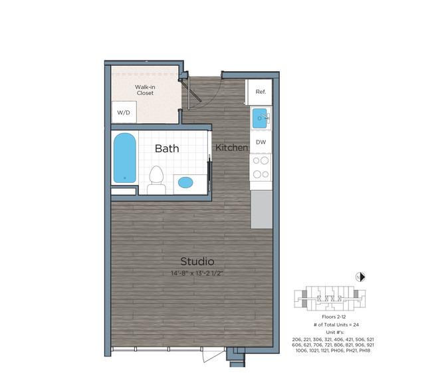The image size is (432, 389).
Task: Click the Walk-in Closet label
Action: click(145, 90)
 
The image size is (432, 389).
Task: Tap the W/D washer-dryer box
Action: click(124, 112)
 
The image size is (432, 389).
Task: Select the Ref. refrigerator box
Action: click(260, 92)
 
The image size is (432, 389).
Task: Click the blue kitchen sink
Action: click(259, 118)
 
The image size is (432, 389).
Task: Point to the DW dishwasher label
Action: click(261, 142)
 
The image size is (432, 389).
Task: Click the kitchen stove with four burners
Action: click(261, 168)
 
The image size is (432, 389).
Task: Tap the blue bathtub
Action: click(125, 158)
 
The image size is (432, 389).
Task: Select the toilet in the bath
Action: click(156, 180)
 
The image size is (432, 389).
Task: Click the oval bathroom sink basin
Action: click(185, 182)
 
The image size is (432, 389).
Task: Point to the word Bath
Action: click(167, 148)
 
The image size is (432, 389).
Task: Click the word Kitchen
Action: click(231, 148)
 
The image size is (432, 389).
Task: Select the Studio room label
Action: click(197, 261)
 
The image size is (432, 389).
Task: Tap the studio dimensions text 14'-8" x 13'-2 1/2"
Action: click(197, 273)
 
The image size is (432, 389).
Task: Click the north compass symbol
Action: click(360, 277)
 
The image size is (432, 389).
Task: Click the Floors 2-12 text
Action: click(334, 317)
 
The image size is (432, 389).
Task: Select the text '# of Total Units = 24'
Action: click(336, 324)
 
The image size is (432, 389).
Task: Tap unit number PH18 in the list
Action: click(364, 350)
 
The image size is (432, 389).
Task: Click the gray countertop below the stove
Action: click(261, 209)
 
